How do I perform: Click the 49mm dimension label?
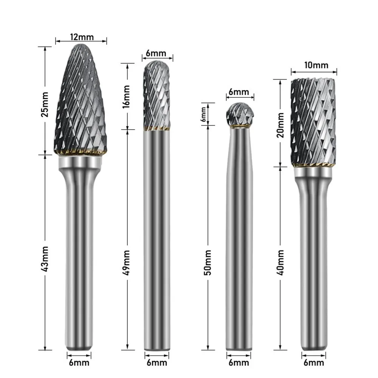point(127,261)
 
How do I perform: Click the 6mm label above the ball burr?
point(239,92)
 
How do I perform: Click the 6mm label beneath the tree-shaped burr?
point(79,363)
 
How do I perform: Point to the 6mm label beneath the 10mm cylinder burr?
point(314,363)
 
